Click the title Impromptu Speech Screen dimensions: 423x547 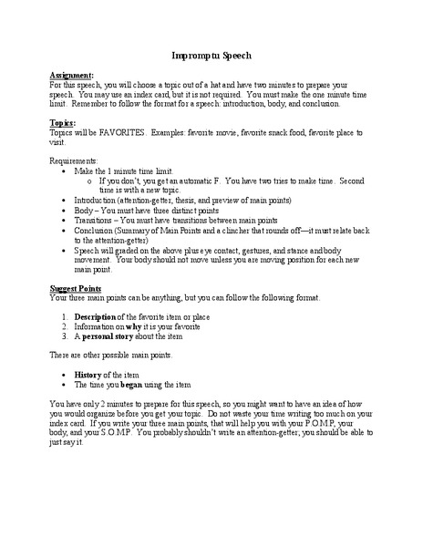(x=211, y=56)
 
